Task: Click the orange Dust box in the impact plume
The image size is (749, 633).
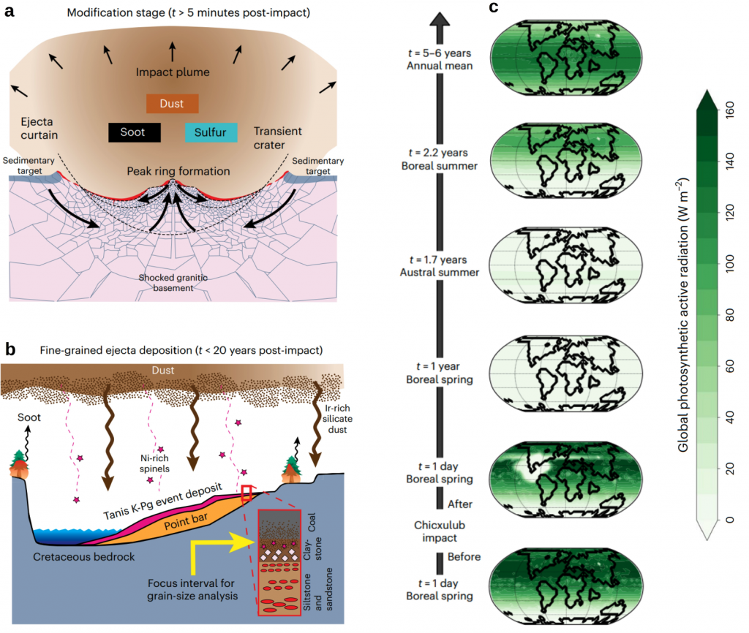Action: (x=173, y=104)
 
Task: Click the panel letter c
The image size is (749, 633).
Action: (x=494, y=10)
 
